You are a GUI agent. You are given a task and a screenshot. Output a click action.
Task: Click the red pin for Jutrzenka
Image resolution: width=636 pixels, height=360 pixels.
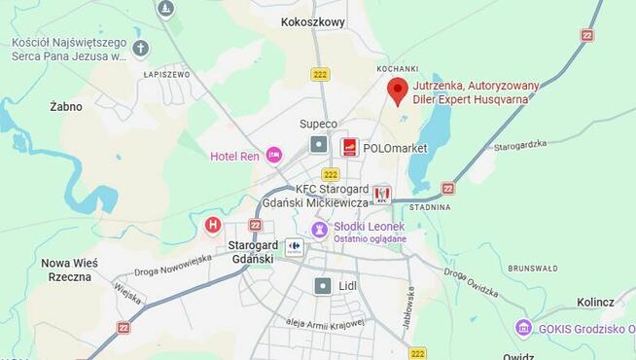point(397,90)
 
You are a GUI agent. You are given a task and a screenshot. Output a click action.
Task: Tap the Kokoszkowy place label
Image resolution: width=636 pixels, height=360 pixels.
point(311,21)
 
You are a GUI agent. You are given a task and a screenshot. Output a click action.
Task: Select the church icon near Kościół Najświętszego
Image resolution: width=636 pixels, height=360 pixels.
point(141,47)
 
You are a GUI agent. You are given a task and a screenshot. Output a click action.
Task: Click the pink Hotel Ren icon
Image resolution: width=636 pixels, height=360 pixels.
point(274,155)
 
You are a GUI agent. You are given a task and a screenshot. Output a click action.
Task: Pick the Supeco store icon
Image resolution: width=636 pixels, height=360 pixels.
point(318,144)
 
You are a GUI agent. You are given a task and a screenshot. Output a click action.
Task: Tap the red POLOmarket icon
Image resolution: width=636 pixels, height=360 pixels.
point(349,147)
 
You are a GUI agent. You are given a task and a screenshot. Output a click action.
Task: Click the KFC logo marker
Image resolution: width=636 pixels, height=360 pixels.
point(381,195)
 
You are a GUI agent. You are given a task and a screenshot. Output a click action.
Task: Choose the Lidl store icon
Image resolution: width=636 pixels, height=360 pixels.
point(322,286)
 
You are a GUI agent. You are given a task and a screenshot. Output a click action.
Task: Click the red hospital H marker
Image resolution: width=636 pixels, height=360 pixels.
point(213,226)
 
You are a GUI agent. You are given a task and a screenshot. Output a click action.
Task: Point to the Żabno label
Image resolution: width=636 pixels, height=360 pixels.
point(66,107)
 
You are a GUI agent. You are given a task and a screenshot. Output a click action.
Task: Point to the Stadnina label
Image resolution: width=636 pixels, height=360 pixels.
point(430,207)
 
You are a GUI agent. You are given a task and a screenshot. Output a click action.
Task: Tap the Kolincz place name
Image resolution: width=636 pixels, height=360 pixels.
point(595,303)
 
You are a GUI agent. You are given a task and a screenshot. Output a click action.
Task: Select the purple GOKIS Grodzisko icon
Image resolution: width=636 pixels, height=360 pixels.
point(524,329)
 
